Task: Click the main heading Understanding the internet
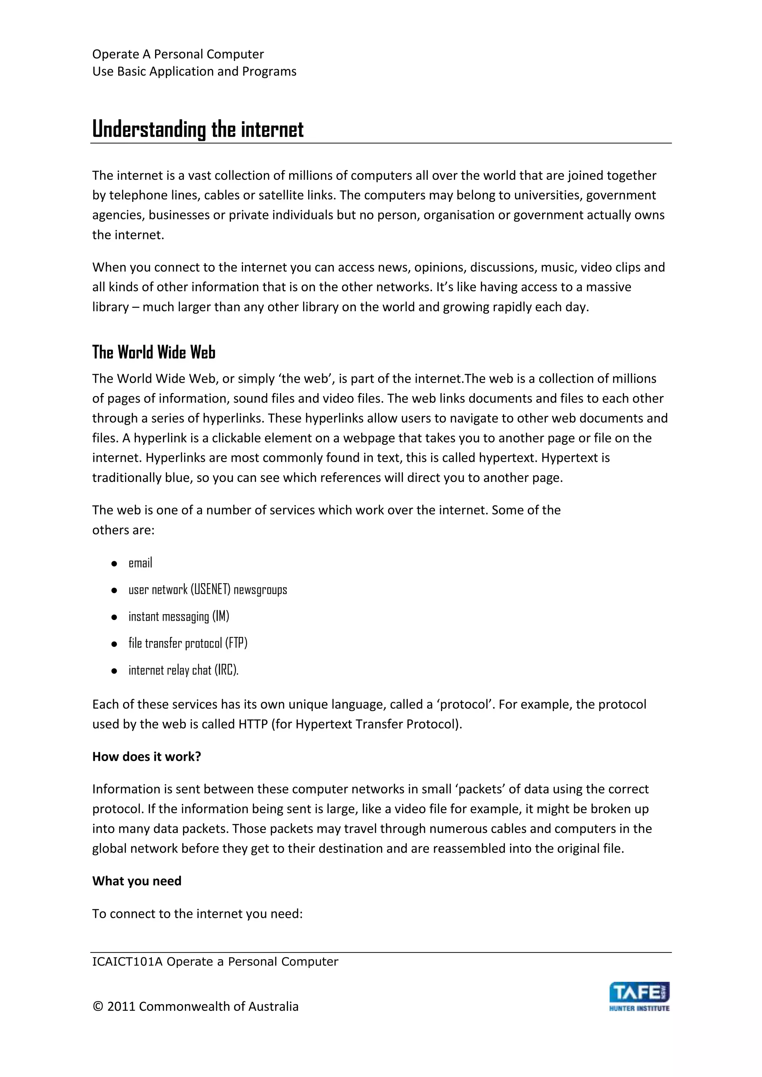(198, 129)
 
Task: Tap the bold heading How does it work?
(146, 757)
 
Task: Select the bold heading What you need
(137, 881)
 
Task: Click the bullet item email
(140, 563)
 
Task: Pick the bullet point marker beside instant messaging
(114, 617)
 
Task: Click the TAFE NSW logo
(639, 993)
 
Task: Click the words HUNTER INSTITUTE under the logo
(639, 1008)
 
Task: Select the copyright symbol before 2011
(97, 1007)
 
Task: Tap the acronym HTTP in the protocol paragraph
(253, 724)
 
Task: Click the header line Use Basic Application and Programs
(194, 72)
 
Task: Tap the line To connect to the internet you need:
(198, 914)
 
